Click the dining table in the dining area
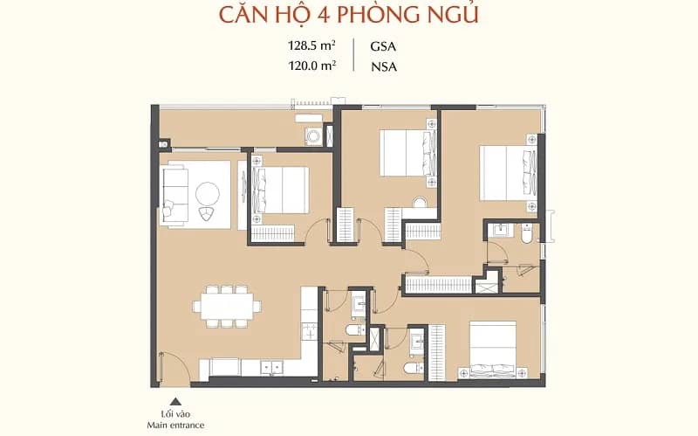(x=227, y=307)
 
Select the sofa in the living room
(x=174, y=195)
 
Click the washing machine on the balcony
(x=314, y=135)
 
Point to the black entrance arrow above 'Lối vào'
(x=176, y=401)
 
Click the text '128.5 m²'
(x=311, y=45)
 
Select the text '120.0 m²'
(x=311, y=66)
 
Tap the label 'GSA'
(x=383, y=46)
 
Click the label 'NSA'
(x=384, y=66)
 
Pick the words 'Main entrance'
(x=176, y=425)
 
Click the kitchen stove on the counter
(x=310, y=332)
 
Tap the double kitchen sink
(x=271, y=367)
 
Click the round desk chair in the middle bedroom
(x=420, y=203)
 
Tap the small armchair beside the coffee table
(x=206, y=214)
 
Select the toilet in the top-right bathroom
(x=526, y=233)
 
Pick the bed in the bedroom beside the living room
(x=280, y=190)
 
